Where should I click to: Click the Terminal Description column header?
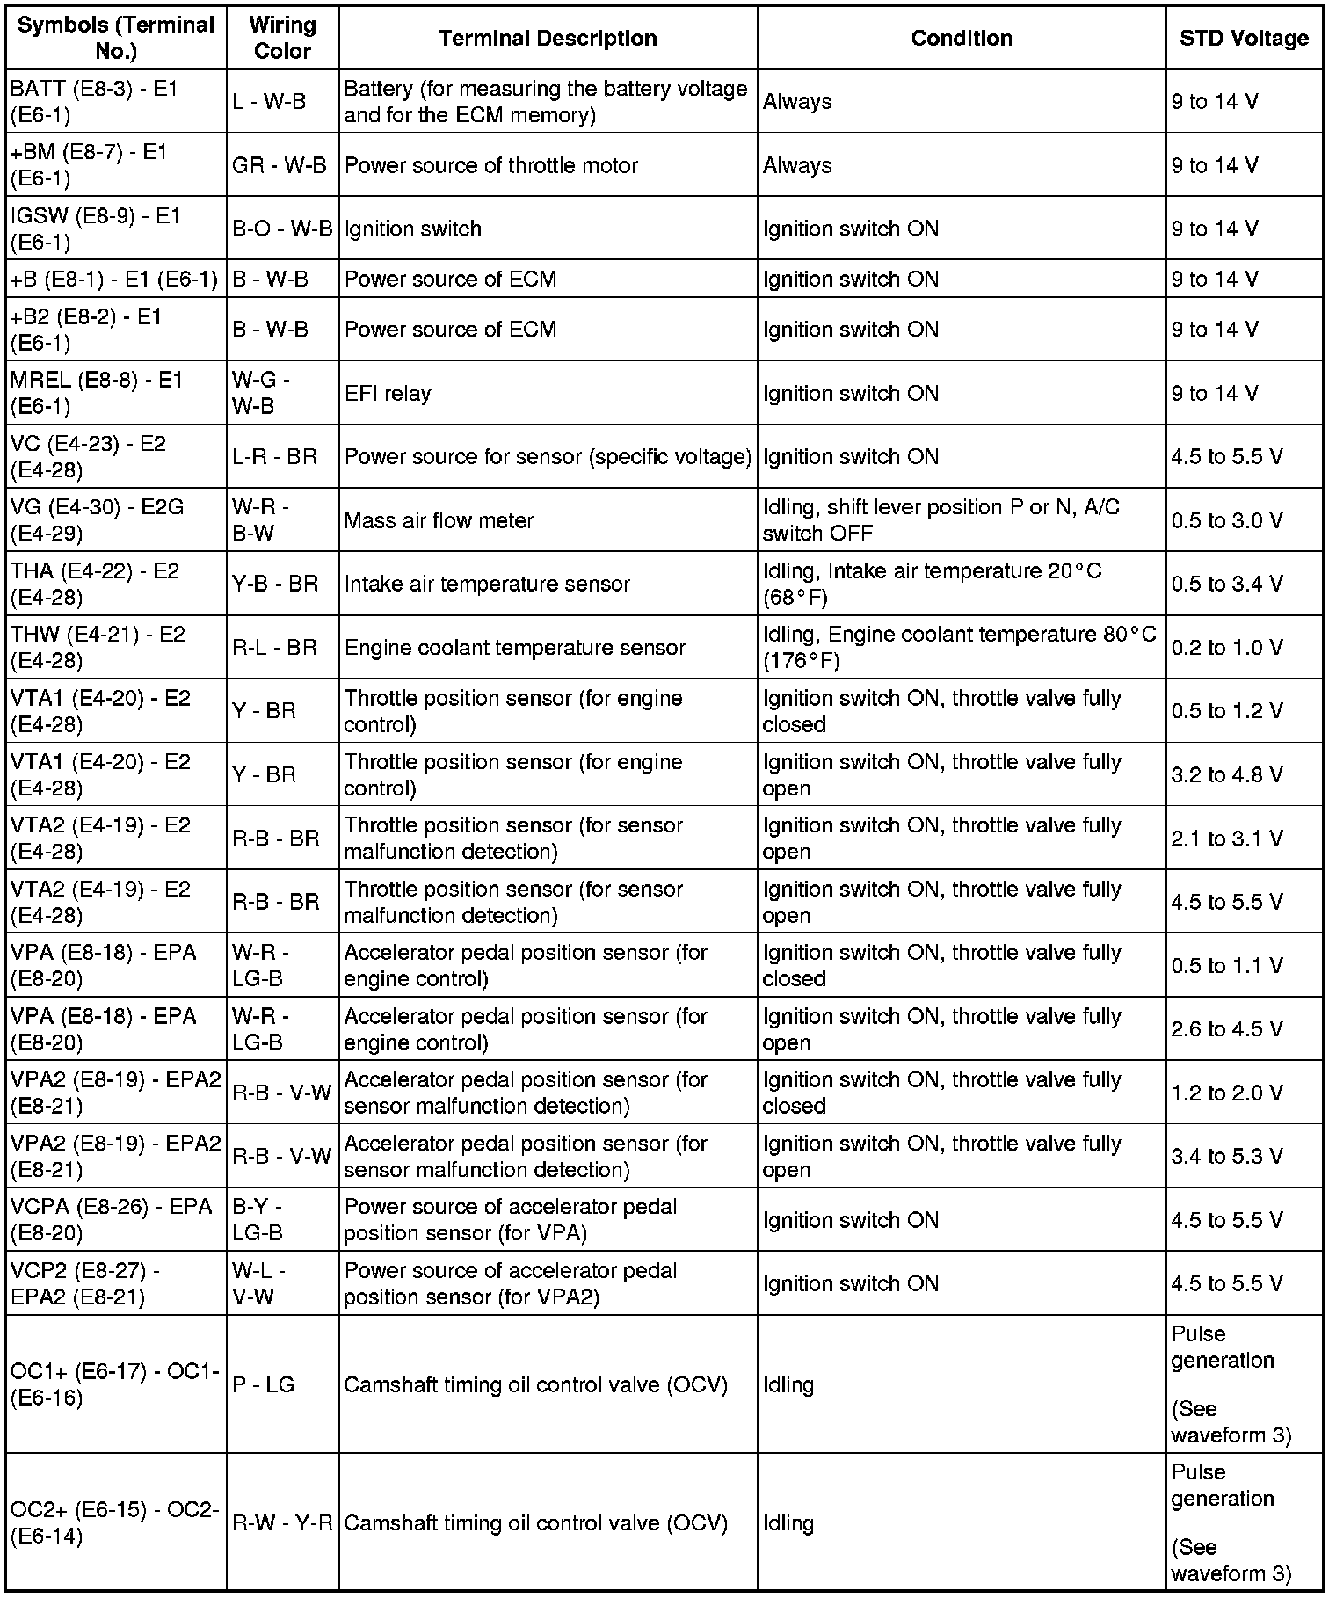[x=548, y=39]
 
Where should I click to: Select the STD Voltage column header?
[x=1244, y=39]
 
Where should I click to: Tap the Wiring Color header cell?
[x=282, y=39]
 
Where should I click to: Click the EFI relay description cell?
[x=388, y=393]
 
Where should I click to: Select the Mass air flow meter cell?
[x=439, y=520]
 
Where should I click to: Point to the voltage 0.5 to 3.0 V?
[x=1226, y=520]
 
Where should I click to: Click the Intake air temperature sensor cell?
[x=487, y=584]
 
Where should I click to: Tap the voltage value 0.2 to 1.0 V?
[x=1226, y=648]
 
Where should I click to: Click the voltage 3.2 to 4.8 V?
[x=1226, y=774]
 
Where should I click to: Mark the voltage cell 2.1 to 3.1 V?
[x=1226, y=839]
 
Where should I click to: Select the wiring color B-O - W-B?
[x=282, y=229]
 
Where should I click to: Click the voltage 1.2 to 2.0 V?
[x=1226, y=1093]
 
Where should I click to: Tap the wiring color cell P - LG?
[x=263, y=1384]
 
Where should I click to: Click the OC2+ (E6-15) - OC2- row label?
[x=114, y=1523]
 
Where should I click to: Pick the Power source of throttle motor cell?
[x=490, y=165]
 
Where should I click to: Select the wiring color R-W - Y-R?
[x=282, y=1523]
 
